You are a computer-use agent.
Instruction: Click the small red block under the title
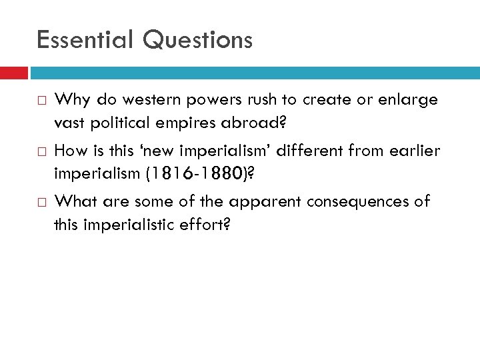(13, 73)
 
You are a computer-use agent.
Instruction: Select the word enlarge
(409, 100)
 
